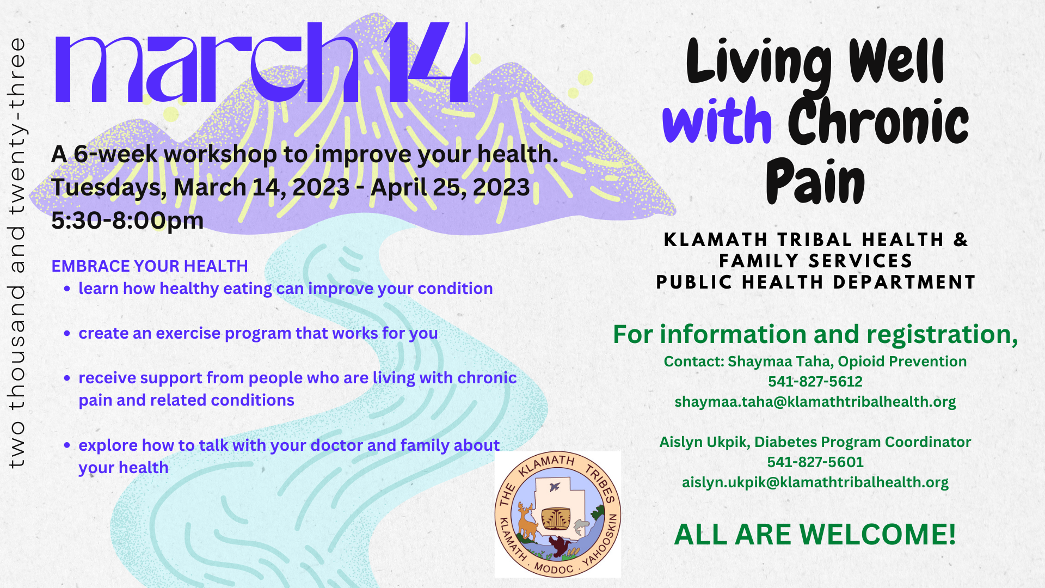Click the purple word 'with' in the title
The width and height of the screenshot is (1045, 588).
(717, 121)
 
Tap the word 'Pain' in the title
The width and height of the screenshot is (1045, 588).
(815, 181)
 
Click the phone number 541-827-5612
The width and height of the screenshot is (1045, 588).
(815, 382)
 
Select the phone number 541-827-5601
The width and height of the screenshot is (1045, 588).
(815, 462)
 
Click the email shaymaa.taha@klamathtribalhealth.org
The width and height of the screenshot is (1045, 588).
(815, 402)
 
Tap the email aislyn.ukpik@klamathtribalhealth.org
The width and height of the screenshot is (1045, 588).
(815, 483)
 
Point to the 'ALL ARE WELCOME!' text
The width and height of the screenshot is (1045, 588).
(815, 534)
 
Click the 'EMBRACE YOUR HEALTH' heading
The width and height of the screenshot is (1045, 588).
(150, 266)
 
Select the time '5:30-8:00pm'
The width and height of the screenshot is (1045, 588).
(127, 220)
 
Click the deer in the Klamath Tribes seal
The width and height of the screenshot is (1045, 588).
(527, 520)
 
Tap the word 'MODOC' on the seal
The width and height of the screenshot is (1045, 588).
(554, 568)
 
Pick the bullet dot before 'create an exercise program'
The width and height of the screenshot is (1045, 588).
(67, 333)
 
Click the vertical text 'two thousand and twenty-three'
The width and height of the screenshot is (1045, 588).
(17, 253)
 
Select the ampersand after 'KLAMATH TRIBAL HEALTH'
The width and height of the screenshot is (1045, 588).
(961, 240)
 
